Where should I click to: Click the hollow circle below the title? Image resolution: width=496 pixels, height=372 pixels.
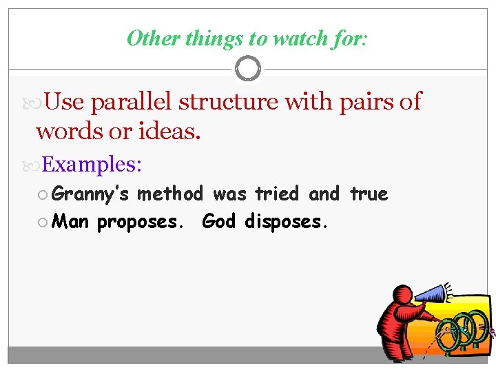(x=248, y=68)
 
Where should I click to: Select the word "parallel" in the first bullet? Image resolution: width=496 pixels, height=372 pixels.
(x=132, y=102)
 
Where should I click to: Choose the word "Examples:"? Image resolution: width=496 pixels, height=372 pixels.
(x=92, y=165)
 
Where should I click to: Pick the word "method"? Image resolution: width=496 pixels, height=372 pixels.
(x=170, y=194)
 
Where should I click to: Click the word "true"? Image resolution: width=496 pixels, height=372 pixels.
(x=369, y=194)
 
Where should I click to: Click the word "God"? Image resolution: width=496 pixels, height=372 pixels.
(x=219, y=222)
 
